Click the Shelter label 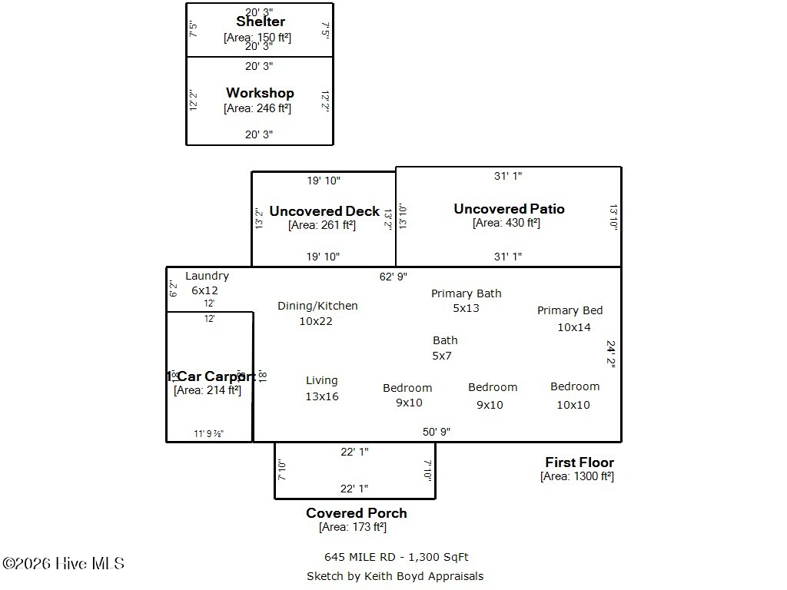point(261,22)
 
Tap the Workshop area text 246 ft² point(257,108)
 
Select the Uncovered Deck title point(324,211)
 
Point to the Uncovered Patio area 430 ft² point(506,223)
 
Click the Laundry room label point(207,276)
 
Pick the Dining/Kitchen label point(317,306)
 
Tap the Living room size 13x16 point(322,396)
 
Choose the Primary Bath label point(466,293)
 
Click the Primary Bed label point(569,310)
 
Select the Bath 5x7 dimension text point(442,356)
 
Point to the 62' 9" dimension point(393,276)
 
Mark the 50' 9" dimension point(437,432)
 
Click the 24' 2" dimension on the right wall point(611,355)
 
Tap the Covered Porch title point(357,513)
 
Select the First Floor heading point(579,462)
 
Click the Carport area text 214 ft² point(208,390)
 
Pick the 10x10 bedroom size point(573,405)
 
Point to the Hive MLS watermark point(63,564)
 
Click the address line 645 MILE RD point(396,557)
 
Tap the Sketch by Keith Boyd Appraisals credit point(395,576)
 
